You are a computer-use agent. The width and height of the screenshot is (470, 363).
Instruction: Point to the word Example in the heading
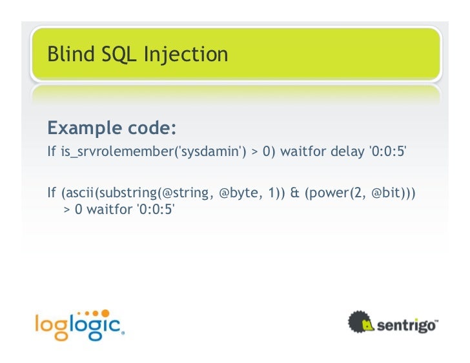point(80,128)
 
